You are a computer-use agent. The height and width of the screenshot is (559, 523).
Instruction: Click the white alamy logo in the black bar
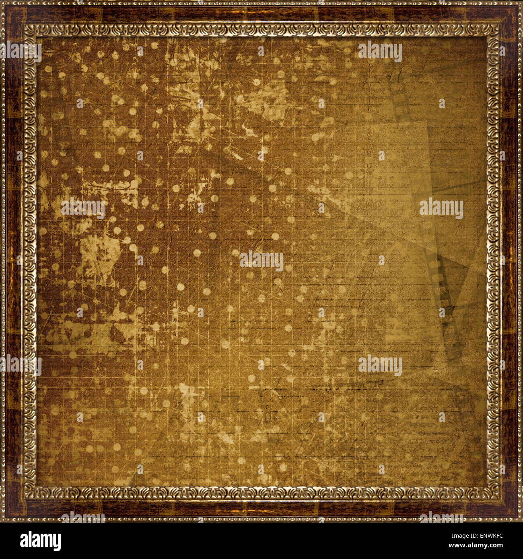click(x=40, y=541)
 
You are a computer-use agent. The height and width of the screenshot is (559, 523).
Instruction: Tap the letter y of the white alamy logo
click(x=57, y=543)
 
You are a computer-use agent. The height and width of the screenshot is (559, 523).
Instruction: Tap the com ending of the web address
click(x=496, y=546)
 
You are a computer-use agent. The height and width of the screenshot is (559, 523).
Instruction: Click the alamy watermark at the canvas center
click(x=261, y=261)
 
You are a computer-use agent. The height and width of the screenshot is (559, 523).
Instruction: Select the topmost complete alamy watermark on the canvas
click(x=380, y=52)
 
